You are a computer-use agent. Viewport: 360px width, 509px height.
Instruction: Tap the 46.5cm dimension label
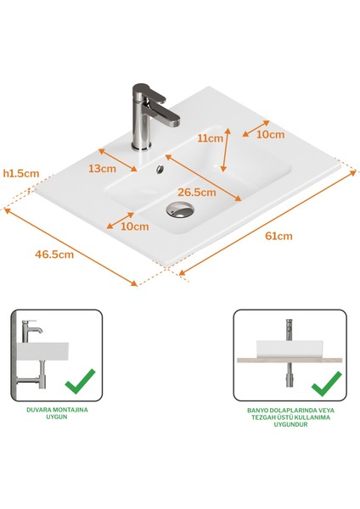click(53, 253)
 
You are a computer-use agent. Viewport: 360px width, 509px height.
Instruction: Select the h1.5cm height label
click(21, 173)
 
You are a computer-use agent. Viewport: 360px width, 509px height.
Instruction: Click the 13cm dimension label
click(102, 168)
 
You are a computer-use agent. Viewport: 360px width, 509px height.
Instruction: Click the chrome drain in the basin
click(180, 209)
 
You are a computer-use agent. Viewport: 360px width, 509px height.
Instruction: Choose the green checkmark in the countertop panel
click(326, 385)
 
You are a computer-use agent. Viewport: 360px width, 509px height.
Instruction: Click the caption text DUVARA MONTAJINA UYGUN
click(57, 412)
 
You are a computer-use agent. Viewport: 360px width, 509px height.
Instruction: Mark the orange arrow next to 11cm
click(226, 151)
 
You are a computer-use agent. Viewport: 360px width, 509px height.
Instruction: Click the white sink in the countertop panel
click(289, 348)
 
